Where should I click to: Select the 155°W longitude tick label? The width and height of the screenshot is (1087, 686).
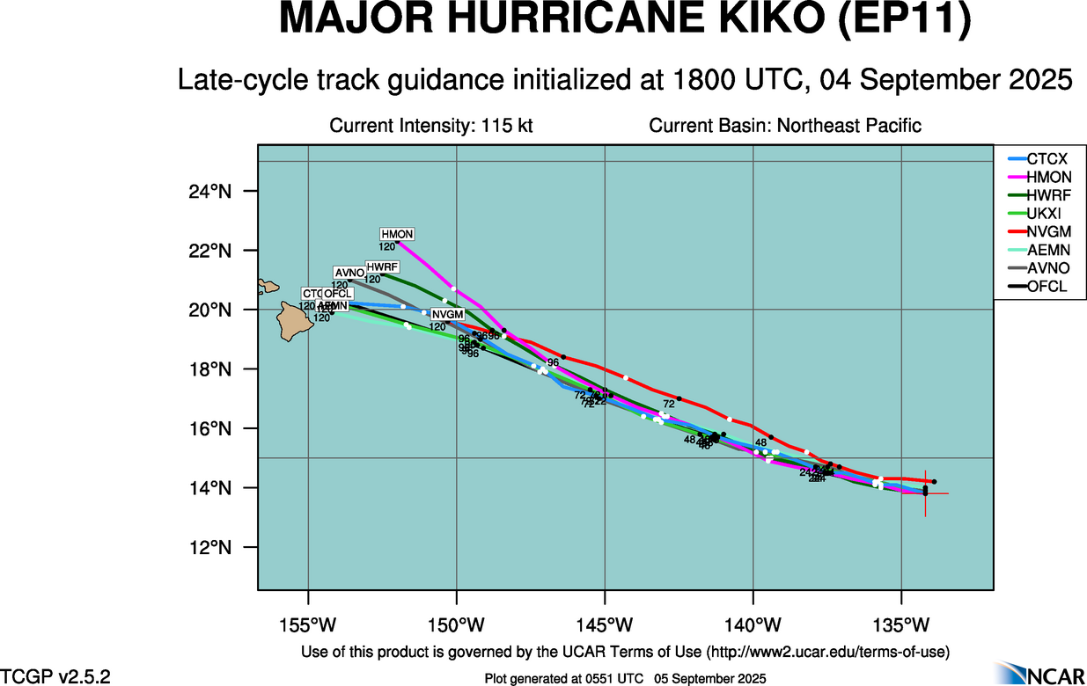coord(308,625)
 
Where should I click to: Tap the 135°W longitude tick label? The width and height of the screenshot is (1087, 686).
coord(902,625)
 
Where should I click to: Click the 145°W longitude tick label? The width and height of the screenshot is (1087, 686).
coord(606,625)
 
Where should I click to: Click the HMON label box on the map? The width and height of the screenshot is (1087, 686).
coord(397,234)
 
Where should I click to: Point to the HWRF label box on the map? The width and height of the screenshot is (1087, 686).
coord(383,266)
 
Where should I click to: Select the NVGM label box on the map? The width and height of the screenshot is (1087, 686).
coord(447,315)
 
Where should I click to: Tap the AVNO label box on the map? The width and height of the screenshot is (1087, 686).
coord(349,273)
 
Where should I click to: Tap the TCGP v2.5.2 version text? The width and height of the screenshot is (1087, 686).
coord(55,676)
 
